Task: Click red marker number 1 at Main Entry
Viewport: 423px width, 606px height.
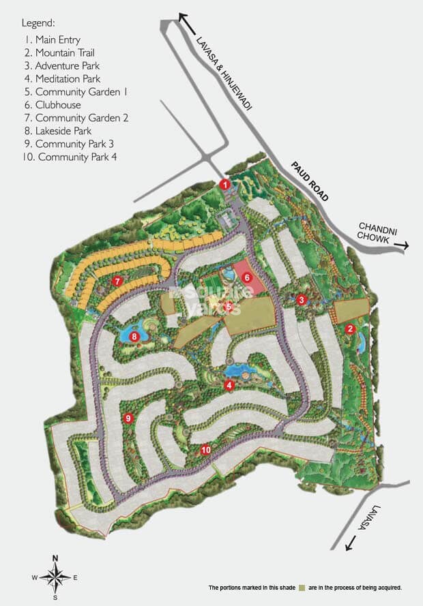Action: [224, 184]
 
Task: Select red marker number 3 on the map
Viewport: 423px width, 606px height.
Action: [302, 300]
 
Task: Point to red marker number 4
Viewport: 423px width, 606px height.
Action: [229, 385]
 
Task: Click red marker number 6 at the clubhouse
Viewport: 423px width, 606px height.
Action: [247, 277]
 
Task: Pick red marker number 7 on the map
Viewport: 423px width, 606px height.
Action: [117, 281]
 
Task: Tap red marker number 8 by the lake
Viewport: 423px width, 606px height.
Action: [134, 336]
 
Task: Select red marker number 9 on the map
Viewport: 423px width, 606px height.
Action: [127, 419]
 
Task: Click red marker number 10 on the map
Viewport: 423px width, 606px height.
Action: [206, 450]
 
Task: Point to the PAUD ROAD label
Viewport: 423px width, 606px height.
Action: [309, 181]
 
